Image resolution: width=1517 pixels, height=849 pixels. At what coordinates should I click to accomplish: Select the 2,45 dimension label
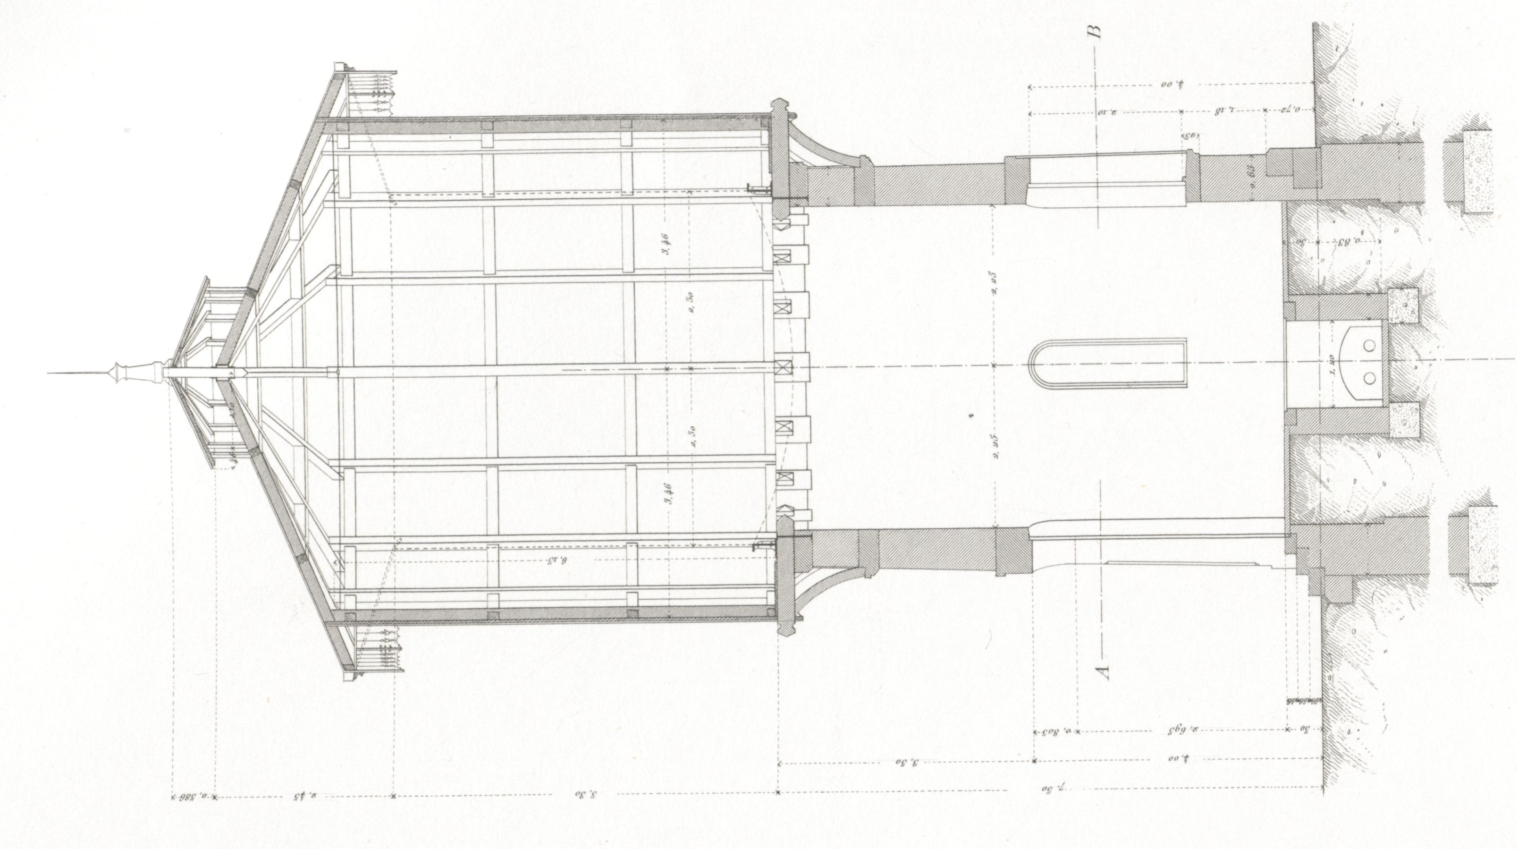pos(305,797)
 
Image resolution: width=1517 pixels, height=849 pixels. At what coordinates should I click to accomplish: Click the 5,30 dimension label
pos(586,794)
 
